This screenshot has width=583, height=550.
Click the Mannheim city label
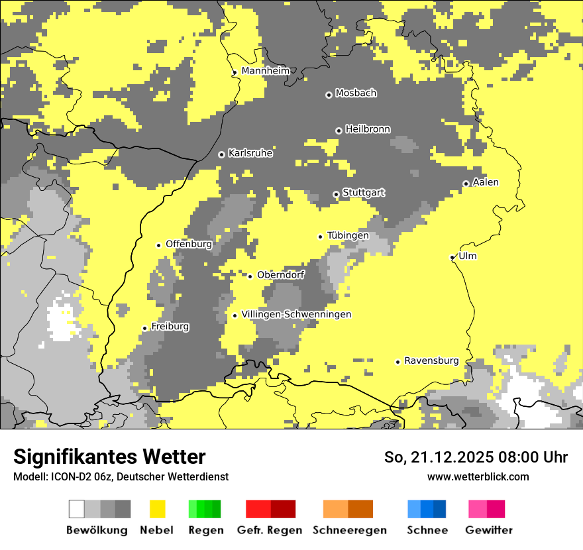pos(265,71)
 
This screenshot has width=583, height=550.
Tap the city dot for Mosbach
pos(329,95)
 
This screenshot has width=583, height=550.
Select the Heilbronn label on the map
pos(368,129)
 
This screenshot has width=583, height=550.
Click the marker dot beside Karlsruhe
pos(221,154)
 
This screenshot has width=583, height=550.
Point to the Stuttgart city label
pos(364,193)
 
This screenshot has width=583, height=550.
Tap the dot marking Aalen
pos(466,184)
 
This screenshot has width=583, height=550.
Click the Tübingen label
pos(348,235)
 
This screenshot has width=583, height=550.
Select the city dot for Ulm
pos(452,257)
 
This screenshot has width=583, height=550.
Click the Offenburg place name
pos(189,244)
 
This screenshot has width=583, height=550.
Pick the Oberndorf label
pos(281,274)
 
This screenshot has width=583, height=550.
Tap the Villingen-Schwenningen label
pos(296,314)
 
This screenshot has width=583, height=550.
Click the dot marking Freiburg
pos(144,328)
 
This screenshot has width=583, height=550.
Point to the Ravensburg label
pos(431,360)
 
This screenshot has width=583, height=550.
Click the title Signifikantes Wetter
pos(109,457)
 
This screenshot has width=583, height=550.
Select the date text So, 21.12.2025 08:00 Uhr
pos(476,457)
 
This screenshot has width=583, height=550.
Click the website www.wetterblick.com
pos(478,476)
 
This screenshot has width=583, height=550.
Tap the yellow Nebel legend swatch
pos(157,509)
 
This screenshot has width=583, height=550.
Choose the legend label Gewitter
pos(489,530)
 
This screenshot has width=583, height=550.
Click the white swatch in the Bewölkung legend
pos(77,509)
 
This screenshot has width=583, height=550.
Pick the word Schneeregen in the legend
pos(349,530)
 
